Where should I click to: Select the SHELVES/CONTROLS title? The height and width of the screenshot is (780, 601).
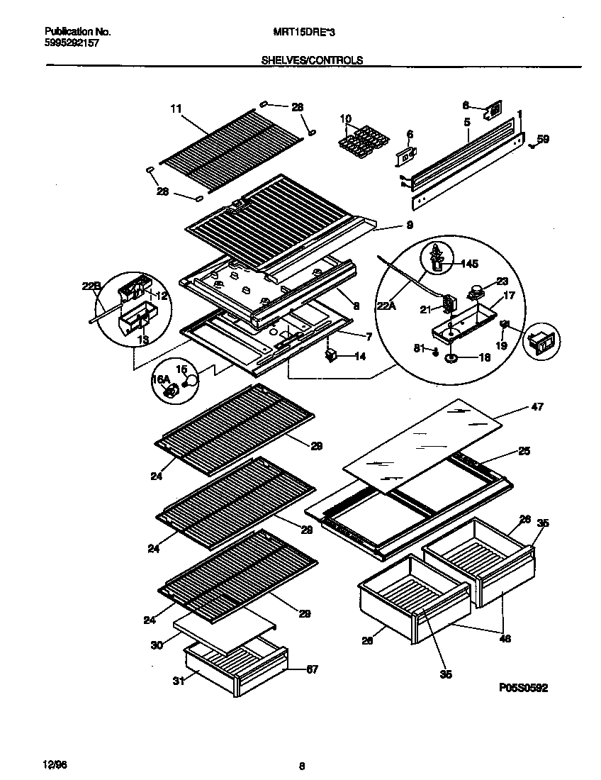[313, 60]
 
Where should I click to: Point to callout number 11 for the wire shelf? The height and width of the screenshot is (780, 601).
[176, 108]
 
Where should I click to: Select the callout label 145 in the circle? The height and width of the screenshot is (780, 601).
[468, 264]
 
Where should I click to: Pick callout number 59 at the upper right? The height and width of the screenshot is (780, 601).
[543, 140]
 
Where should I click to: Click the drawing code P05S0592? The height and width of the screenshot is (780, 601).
[522, 688]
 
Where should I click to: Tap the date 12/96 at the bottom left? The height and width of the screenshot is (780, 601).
[55, 764]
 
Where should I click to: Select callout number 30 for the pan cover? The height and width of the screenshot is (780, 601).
[156, 645]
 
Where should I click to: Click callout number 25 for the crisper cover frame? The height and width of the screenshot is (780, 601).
[524, 451]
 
